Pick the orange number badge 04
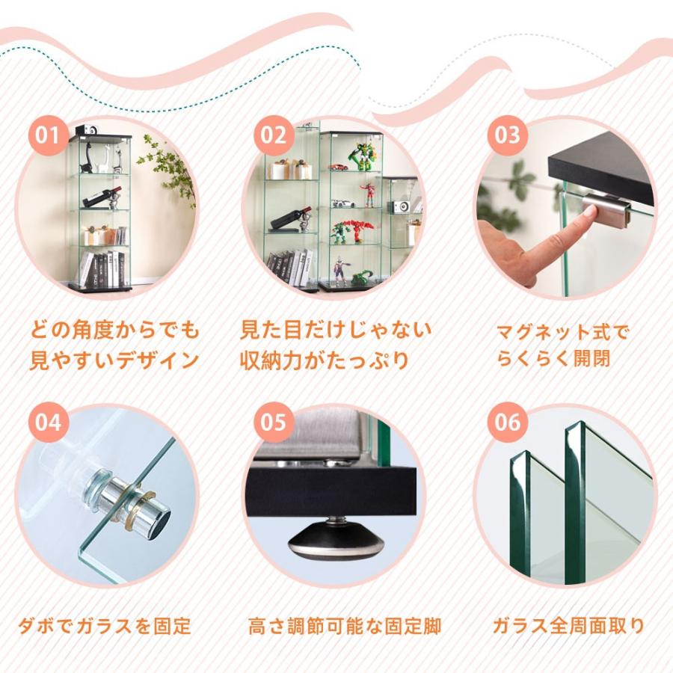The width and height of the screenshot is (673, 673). coord(47,422)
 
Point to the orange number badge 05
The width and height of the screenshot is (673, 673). coord(274,422)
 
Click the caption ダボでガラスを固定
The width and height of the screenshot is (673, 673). coord(105,625)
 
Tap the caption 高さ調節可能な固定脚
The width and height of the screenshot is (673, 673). coord(344,625)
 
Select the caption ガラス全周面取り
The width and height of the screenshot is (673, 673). coord(568,625)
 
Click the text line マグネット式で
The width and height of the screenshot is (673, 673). coord(563,331)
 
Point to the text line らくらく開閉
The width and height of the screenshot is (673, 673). coord(553,358)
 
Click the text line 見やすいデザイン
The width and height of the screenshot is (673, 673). coord(114,360)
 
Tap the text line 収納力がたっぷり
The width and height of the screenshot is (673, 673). coord(325,360)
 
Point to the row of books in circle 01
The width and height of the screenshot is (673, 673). coord(102,269)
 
